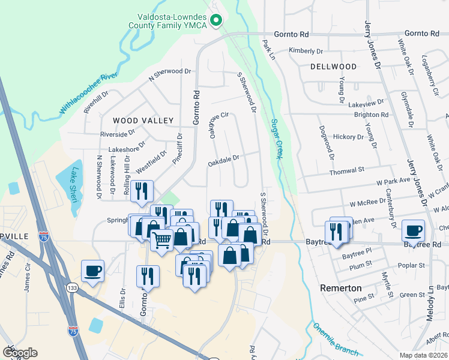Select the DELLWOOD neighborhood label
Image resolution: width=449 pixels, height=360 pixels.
(333, 67)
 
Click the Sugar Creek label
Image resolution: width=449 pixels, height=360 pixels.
(277, 139)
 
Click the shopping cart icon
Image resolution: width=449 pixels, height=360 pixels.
(161, 239)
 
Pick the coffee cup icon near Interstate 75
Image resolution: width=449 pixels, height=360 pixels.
(92, 271)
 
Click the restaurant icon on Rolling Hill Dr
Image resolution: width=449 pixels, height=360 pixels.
(142, 191)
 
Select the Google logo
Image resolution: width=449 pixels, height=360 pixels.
(20, 352)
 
